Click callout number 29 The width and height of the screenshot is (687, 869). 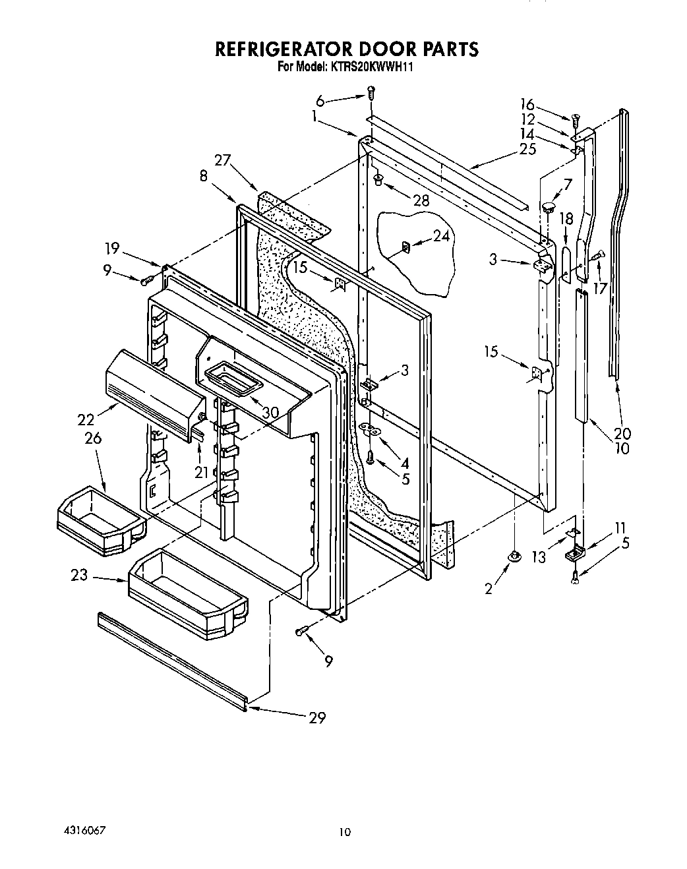point(317,717)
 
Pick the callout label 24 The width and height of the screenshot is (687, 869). point(441,236)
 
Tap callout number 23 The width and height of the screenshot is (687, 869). point(80,575)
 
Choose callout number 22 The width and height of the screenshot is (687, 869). point(86,419)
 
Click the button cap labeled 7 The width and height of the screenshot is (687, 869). point(548,208)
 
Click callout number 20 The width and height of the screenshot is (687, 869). point(622,433)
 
